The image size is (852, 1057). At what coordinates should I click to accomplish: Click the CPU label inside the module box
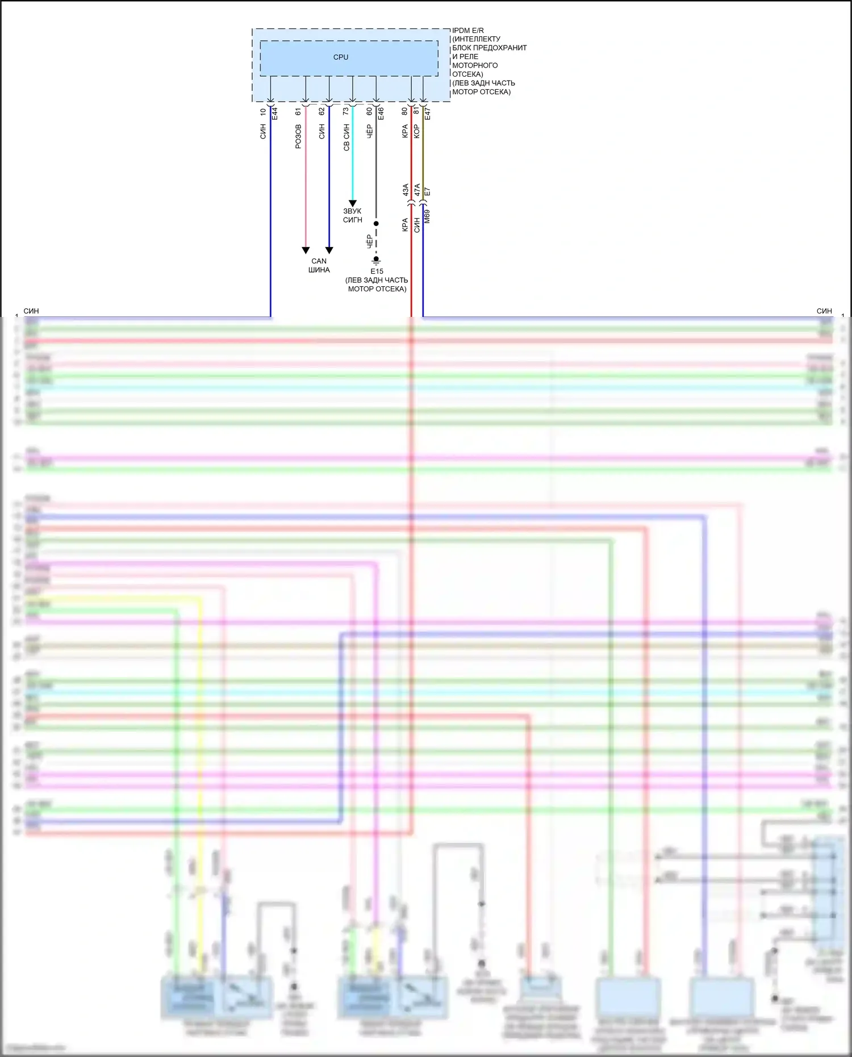coord(341,57)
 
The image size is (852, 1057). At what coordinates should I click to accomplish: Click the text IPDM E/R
coord(468,31)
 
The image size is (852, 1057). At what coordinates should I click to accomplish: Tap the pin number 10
coord(263,112)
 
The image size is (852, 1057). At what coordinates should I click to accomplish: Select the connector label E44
coord(274,113)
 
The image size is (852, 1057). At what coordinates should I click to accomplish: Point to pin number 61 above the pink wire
coord(298,112)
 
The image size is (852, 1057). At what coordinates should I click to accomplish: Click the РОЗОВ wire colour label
coord(298,136)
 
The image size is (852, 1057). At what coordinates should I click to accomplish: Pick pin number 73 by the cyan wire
coord(345,111)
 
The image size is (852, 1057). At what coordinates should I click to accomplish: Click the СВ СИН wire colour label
coord(346,138)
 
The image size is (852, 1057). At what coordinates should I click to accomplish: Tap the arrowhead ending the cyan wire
coord(352,203)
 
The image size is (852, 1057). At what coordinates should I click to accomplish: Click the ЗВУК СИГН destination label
coord(352,215)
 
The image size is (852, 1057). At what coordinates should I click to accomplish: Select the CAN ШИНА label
coord(319,265)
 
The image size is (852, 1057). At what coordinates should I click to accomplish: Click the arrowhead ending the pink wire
coord(306,250)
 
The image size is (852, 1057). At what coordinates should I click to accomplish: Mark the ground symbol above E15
coord(376,261)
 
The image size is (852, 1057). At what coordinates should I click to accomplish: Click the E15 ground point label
coord(377,271)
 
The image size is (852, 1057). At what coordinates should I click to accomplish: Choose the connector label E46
coord(381,114)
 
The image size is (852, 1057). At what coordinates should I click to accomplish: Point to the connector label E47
coord(428,114)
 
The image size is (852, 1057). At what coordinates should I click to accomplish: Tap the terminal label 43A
coord(406,190)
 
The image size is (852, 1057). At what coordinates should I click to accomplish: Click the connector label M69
coord(427,216)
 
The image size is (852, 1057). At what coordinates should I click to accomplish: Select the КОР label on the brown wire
coord(416,132)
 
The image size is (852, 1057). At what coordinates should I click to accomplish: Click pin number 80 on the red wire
coord(404,111)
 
